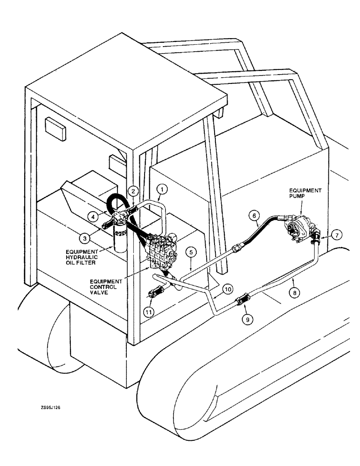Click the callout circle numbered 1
(162, 189)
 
